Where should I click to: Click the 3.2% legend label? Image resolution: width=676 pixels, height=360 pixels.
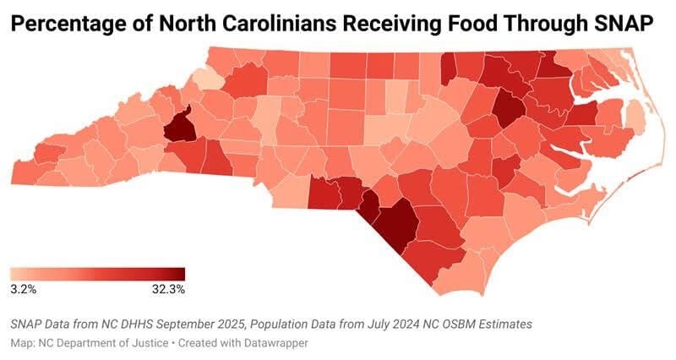23,289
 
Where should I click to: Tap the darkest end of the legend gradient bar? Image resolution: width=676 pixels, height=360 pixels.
180,274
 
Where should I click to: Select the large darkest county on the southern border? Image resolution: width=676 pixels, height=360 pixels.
393,221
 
